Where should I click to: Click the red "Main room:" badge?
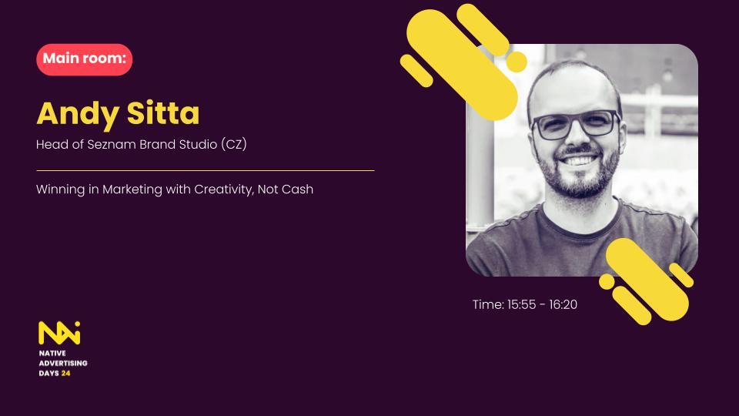[85, 59]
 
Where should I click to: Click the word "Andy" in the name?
[78, 115]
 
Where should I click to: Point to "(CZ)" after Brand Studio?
[234, 144]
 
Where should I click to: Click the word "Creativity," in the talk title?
[224, 190]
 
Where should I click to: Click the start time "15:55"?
[522, 305]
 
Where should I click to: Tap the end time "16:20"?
[563, 305]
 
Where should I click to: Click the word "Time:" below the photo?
[488, 305]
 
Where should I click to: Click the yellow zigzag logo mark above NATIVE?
[59, 333]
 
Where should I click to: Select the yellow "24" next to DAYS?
[65, 373]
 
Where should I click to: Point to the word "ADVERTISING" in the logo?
[63, 363]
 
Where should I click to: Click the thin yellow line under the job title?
[206, 171]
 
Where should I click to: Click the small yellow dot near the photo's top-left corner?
[517, 62]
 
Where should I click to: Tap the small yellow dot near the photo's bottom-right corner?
[607, 282]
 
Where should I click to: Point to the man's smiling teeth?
[579, 160]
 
